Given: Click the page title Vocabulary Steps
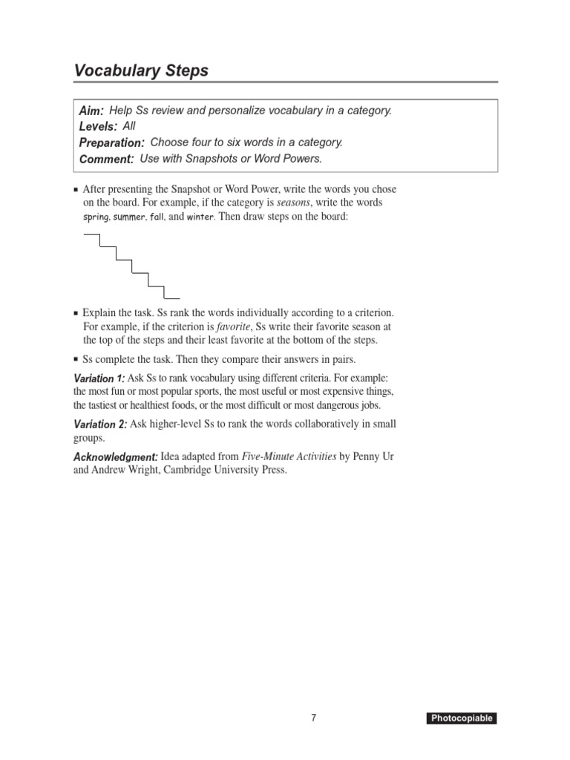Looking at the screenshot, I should pyautogui.click(x=141, y=71).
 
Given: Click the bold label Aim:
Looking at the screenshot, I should pyautogui.click(x=91, y=111).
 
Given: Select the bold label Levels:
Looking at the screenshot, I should pyautogui.click(x=98, y=127).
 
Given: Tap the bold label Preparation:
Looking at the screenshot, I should pyautogui.click(x=111, y=142).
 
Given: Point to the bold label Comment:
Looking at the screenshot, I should pyautogui.click(x=106, y=159).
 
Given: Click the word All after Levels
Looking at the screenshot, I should pyautogui.click(x=129, y=126).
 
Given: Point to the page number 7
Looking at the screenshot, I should pyautogui.click(x=314, y=718).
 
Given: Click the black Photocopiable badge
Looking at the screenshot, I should pyautogui.click(x=461, y=718).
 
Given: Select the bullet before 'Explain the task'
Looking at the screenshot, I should pyautogui.click(x=76, y=313).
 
